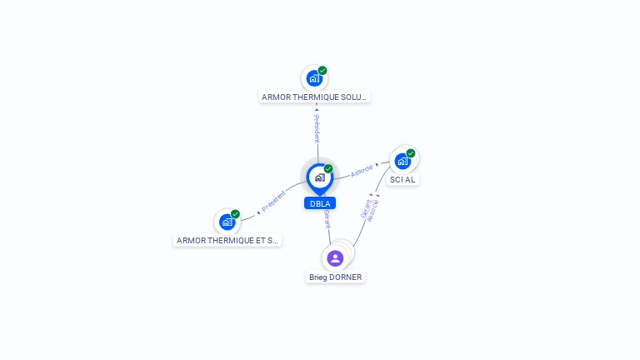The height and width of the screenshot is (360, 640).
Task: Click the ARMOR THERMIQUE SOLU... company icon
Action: click(x=313, y=78)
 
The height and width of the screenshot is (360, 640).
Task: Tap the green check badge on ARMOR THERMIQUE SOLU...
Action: click(x=322, y=71)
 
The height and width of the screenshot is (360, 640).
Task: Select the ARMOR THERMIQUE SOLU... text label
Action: click(x=314, y=97)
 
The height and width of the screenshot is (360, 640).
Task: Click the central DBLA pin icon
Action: click(x=319, y=177)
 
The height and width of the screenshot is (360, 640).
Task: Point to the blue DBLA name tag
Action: click(x=320, y=203)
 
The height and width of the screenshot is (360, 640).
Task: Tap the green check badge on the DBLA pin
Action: click(x=328, y=169)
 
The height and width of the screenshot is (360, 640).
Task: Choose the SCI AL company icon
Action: click(x=402, y=161)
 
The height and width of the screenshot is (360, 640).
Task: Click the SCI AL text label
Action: click(x=402, y=180)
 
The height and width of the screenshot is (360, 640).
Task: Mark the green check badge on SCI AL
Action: click(x=411, y=153)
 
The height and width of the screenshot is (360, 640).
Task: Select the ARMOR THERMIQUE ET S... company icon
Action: click(x=227, y=222)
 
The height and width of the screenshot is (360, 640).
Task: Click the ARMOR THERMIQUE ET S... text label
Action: click(x=227, y=240)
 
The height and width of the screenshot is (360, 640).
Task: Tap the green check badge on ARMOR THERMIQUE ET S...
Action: click(x=235, y=214)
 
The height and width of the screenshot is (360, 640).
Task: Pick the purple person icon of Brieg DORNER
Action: click(x=335, y=258)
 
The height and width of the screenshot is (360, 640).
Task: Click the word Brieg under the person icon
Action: click(x=318, y=277)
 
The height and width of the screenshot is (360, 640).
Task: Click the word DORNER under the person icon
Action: click(x=346, y=277)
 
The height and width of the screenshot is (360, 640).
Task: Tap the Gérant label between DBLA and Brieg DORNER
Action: click(x=327, y=220)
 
